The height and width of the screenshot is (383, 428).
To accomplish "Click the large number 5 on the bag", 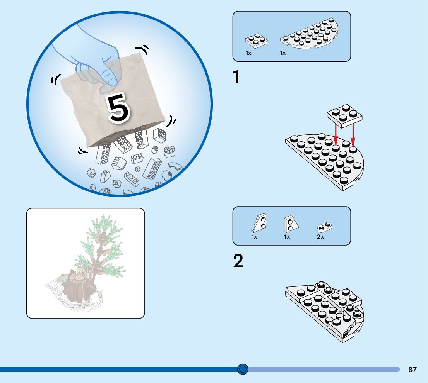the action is tap(118, 107).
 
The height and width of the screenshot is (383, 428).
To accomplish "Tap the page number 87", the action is tap(412, 369).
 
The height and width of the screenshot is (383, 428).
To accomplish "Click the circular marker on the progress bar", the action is tap(243, 369).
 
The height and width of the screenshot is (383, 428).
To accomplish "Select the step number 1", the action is tap(236, 77).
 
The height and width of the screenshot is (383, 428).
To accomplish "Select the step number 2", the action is tap(238, 261).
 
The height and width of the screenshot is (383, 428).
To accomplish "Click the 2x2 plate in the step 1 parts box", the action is tap(256, 41).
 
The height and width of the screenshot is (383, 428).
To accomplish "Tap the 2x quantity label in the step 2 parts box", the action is tap(320, 237).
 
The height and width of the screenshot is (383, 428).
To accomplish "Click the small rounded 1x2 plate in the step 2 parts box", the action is tap(325, 227).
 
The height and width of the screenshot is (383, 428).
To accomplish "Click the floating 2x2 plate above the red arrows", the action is tap(344, 115).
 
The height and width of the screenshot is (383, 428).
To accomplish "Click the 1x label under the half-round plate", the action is tap(283, 53).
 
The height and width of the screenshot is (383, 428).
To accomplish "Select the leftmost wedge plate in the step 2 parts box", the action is tap(259, 222).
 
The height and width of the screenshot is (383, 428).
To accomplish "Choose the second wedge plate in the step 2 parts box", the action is tap(291, 224).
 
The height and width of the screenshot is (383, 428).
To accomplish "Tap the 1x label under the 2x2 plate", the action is tap(248, 53).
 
